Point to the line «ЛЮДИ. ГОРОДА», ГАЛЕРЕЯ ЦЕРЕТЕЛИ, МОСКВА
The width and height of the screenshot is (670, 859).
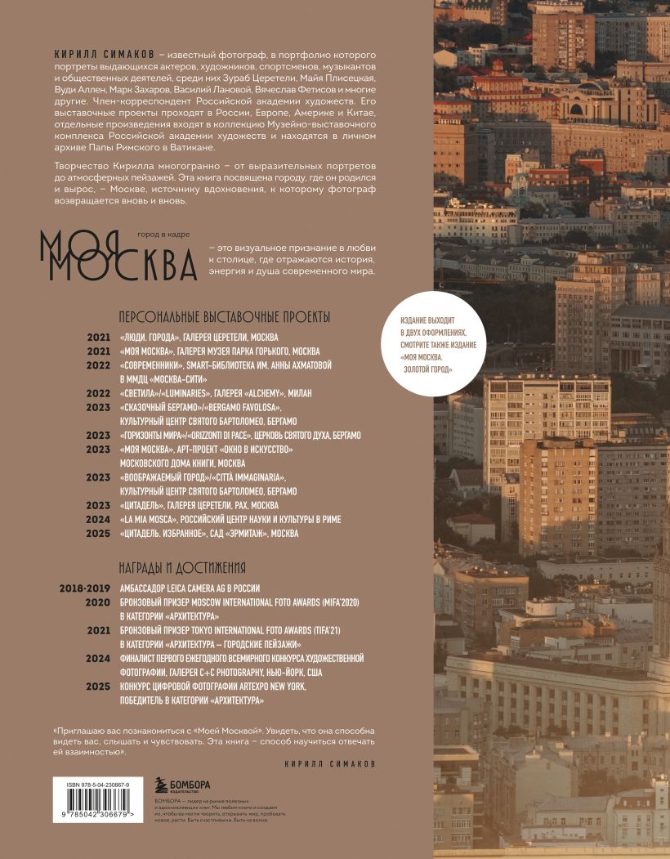pyautogui.click(x=199, y=338)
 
